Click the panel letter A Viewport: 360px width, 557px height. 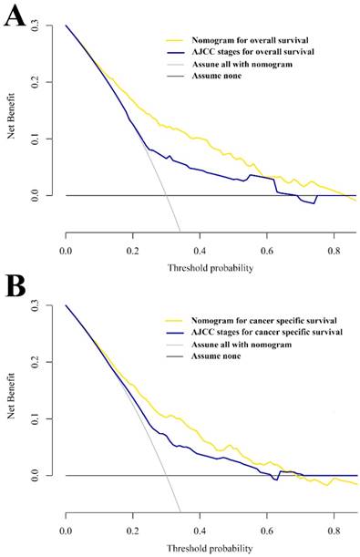pos(14,18)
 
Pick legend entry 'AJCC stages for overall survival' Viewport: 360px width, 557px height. pos(239,52)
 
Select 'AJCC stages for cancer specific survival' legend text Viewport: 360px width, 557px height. pos(254,333)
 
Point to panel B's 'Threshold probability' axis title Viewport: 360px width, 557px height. pos(209,551)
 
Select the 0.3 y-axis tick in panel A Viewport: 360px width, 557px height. pos(50,26)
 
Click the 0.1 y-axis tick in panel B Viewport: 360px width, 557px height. pos(50,419)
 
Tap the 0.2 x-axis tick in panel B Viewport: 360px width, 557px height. pos(133,529)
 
